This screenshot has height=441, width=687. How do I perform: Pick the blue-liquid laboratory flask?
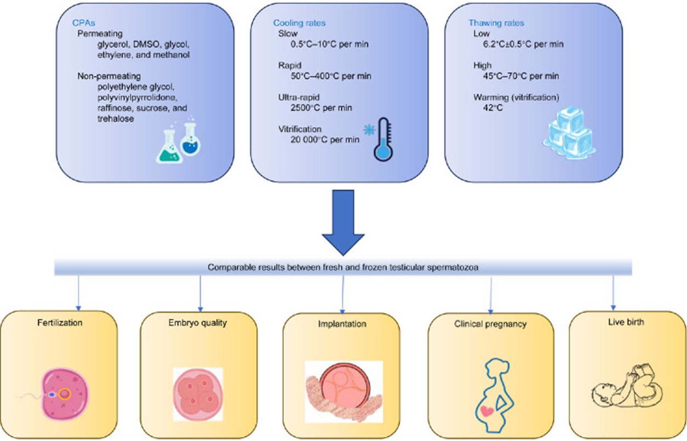coord(190,139)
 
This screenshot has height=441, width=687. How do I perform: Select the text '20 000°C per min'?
coord(325,140)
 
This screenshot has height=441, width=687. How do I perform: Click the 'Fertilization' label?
coord(60,323)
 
